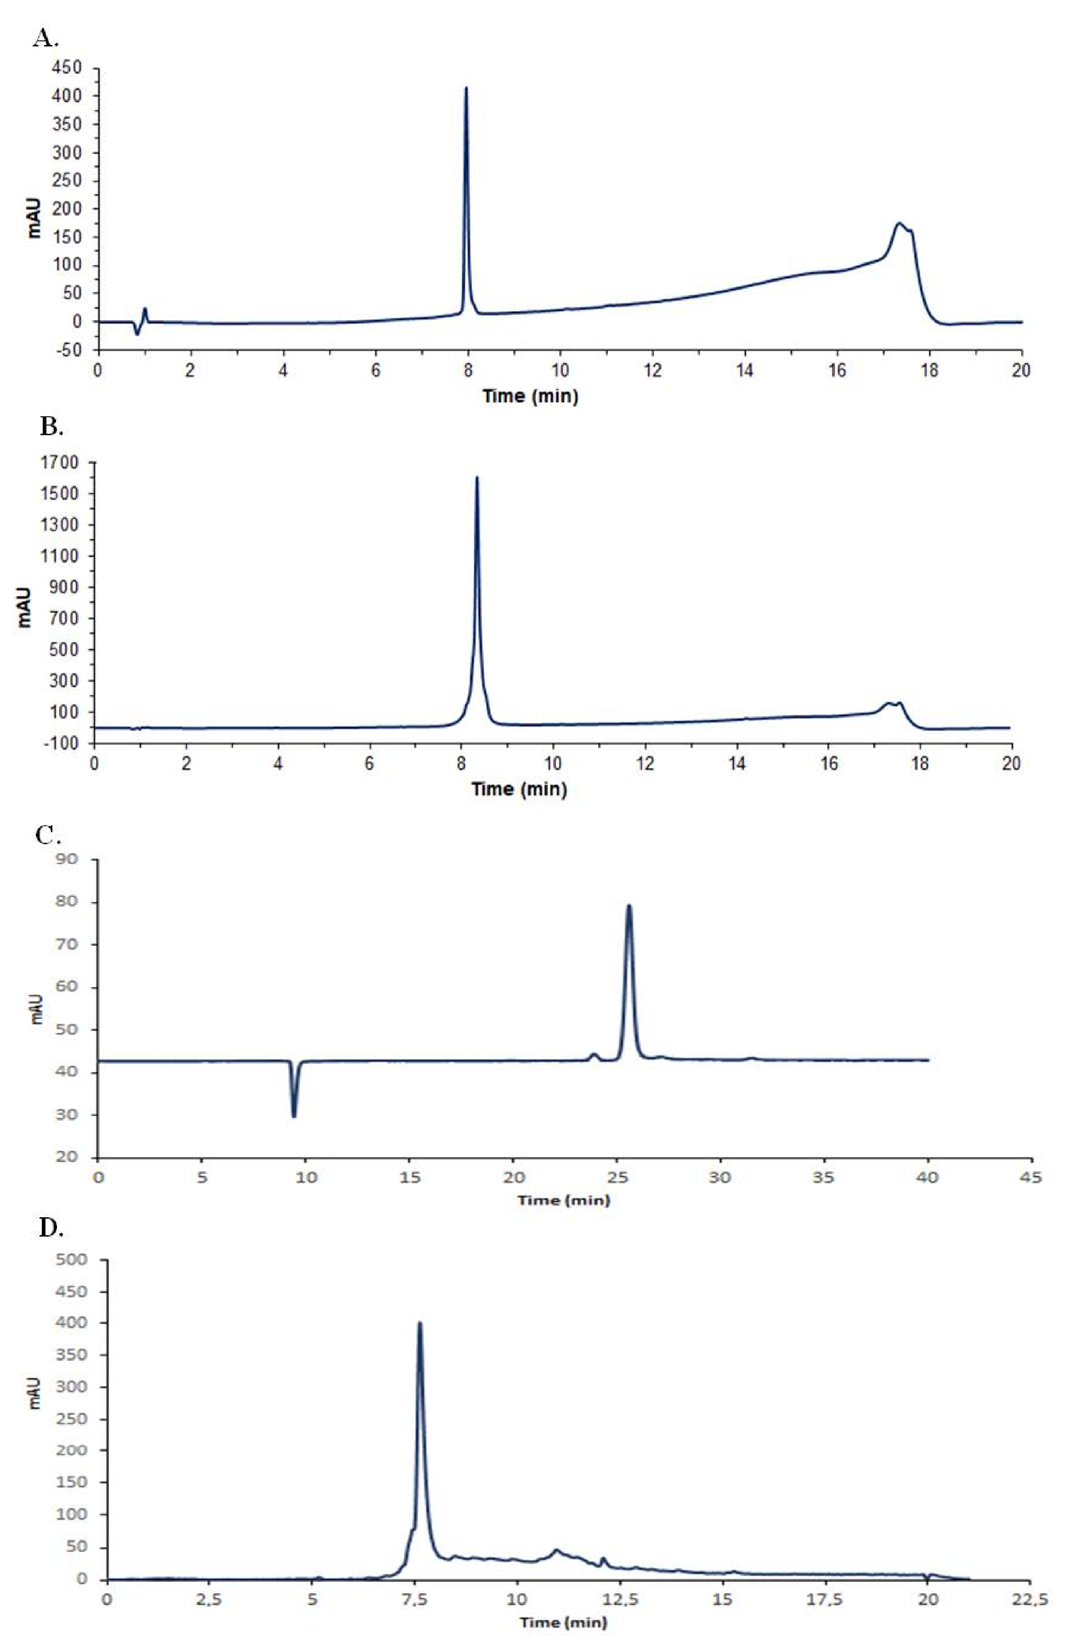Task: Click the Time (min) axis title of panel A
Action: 530,396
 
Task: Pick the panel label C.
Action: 48,835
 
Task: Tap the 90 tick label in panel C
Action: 70,860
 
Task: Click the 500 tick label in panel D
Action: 74,1260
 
